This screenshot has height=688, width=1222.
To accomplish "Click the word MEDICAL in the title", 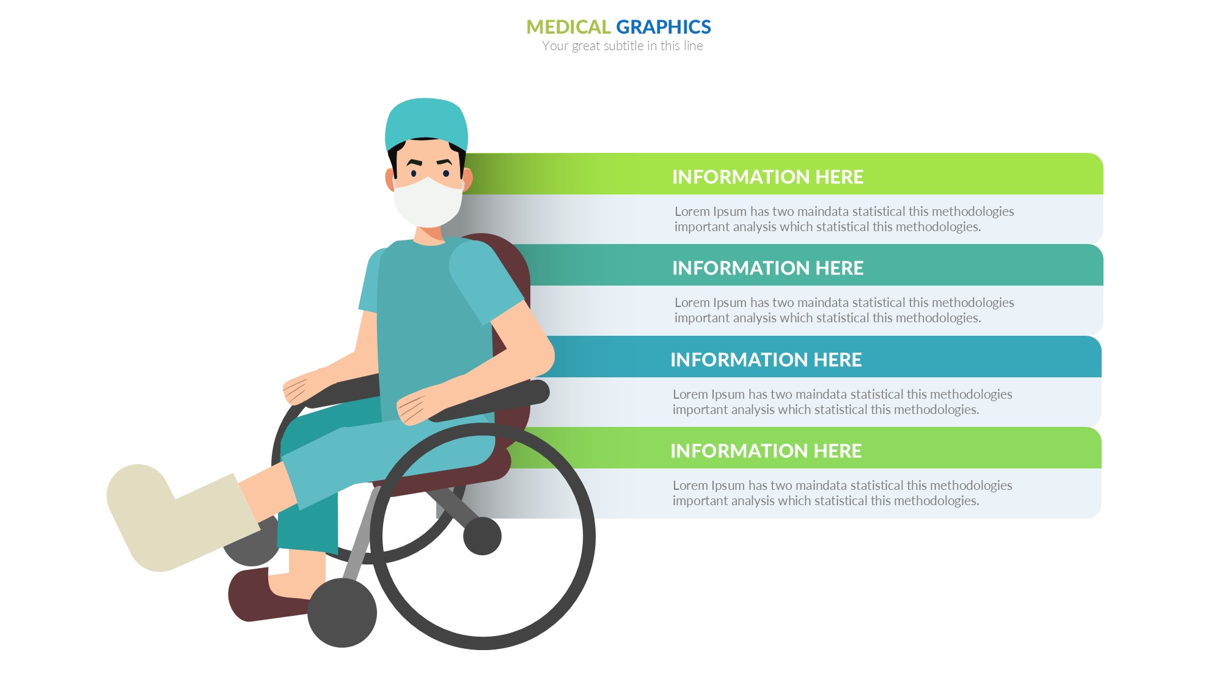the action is (x=568, y=27).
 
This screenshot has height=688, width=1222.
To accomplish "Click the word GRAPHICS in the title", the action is (x=664, y=27).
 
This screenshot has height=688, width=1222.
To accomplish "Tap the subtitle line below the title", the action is (x=622, y=46).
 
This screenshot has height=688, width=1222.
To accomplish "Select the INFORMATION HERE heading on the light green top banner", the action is (x=767, y=177).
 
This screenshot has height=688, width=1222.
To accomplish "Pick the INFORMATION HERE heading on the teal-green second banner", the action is (x=767, y=268).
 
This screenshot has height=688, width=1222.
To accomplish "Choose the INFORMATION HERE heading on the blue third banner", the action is (x=766, y=360).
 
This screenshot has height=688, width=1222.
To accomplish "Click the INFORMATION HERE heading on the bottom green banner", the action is (x=766, y=451).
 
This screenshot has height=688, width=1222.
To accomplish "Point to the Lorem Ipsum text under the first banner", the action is (x=844, y=219).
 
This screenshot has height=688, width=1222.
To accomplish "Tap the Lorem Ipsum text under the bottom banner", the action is (x=842, y=493).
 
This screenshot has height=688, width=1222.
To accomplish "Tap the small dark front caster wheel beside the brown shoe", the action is (x=342, y=613).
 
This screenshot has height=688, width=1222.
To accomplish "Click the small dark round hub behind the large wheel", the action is (x=482, y=536).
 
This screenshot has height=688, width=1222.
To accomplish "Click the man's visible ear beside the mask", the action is (x=389, y=179).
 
